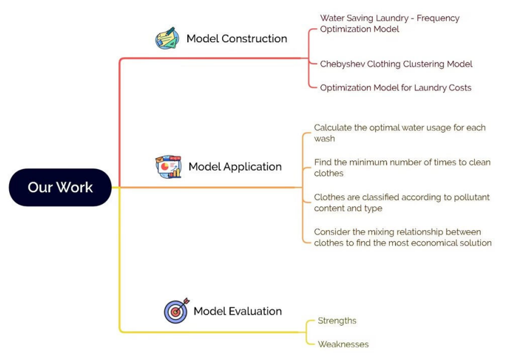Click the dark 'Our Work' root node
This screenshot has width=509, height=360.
(60, 187)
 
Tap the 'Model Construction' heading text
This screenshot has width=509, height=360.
(236, 39)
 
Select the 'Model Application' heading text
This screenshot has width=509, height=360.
(235, 167)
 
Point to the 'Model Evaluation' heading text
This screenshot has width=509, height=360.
(237, 311)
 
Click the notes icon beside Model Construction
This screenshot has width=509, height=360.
(166, 38)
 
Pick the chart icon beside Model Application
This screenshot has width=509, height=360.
(168, 167)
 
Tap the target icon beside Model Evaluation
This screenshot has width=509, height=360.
(176, 311)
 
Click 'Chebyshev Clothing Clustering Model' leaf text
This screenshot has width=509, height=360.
(396, 64)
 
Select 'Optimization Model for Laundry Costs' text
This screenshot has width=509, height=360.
(395, 88)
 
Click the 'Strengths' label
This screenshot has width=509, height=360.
(336, 321)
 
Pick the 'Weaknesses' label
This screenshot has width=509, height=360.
(343, 344)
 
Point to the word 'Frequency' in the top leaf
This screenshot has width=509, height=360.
(437, 18)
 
